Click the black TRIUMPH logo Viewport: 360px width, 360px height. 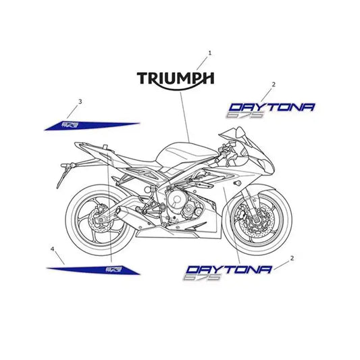point(176,80)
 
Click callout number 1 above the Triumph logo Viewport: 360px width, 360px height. point(209,53)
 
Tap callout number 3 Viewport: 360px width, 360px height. point(80,101)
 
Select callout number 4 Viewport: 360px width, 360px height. point(53,249)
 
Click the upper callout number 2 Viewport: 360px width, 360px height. point(274,84)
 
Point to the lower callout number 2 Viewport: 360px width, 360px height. point(292,258)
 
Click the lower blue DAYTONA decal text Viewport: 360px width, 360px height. point(229,269)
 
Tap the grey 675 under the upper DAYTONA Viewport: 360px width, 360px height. point(245,115)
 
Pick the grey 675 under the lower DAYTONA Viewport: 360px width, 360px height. point(201,277)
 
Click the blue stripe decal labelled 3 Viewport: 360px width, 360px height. point(92,126)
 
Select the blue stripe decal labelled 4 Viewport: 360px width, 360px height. point(93,269)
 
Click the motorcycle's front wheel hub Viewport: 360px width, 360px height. point(256,221)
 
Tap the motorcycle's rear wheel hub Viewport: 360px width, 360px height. point(101,220)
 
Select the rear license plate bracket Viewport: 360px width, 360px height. point(64,174)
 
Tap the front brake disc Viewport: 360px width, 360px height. point(256,221)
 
